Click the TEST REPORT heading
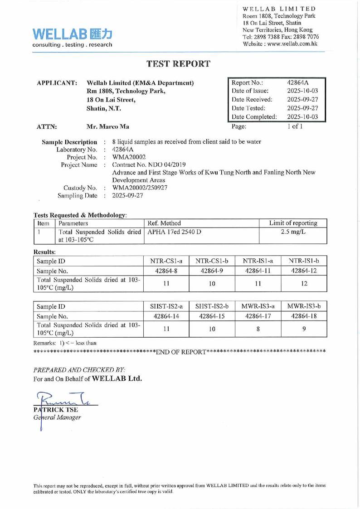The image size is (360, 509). click(180, 64)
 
